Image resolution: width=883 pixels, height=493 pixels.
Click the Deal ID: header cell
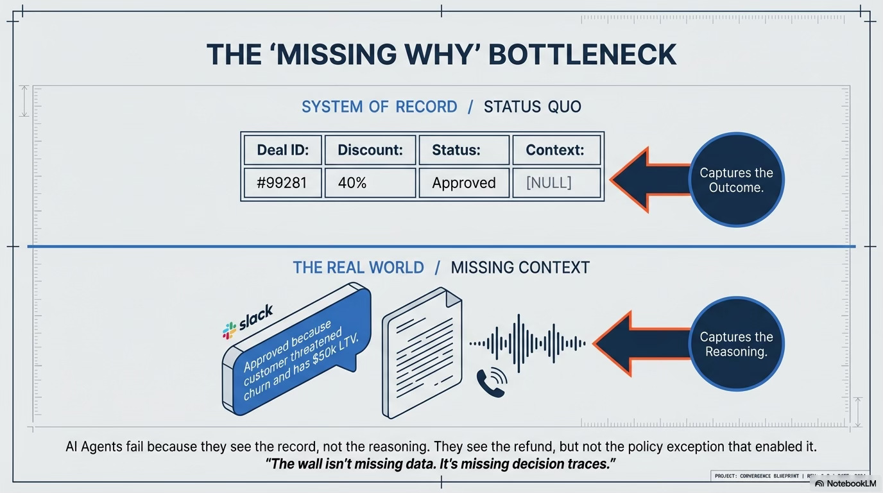coord(283,150)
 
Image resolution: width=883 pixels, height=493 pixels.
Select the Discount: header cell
coord(370,150)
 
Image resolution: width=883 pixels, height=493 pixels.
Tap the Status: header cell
coord(463,150)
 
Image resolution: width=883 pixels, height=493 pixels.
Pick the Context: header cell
coord(556,150)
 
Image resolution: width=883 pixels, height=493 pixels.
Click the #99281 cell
coord(283,183)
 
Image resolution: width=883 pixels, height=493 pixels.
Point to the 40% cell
coord(370,183)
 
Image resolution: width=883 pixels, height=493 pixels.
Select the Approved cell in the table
coord(463,183)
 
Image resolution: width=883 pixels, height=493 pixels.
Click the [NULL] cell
coord(556,183)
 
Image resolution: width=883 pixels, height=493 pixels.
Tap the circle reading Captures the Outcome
coord(736,180)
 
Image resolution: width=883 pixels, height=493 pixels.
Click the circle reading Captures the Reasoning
coord(736,344)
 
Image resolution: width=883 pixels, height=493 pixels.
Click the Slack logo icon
coord(230,330)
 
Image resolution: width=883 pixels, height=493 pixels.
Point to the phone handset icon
coord(491,384)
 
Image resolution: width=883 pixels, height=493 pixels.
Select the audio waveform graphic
coord(527,343)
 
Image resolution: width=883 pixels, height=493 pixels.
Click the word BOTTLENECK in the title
coord(582,55)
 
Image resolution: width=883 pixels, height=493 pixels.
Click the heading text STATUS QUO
coord(532,107)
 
